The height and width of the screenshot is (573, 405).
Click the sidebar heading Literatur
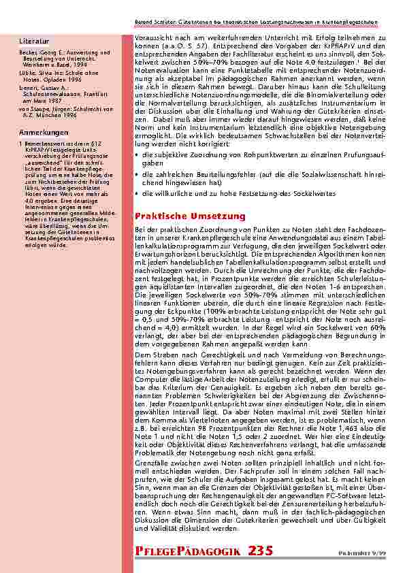click(x=33, y=42)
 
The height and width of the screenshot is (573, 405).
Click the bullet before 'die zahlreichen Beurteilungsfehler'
click(x=138, y=175)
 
